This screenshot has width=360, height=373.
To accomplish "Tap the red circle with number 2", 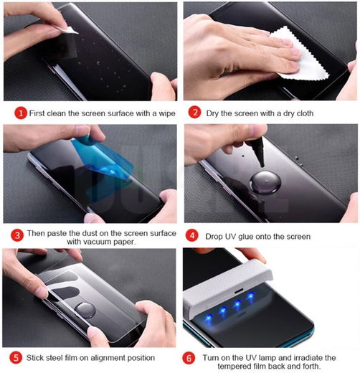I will coord(194,113).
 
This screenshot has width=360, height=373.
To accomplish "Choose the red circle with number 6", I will coord(189,357).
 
